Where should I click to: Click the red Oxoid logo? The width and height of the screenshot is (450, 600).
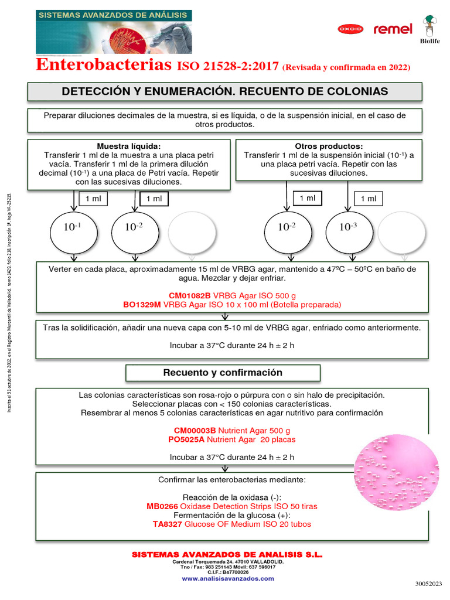coord(350,29)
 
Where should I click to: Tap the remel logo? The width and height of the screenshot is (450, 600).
coord(393,29)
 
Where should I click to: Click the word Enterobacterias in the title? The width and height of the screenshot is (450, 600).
coord(104,65)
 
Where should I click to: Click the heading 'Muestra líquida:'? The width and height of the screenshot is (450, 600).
coord(129,146)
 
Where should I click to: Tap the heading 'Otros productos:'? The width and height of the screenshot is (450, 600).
coord(329,146)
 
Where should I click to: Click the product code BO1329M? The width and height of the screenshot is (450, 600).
coord(142,305)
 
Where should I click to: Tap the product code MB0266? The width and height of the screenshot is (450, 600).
coord(162,506)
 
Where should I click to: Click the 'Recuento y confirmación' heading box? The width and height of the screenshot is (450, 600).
coord(223,373)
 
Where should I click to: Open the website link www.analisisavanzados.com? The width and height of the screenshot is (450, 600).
coord(227,578)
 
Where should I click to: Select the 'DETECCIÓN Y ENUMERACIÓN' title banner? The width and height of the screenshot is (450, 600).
coord(225,91)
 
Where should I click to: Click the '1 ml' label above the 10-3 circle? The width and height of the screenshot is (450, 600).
coord(369,199)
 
